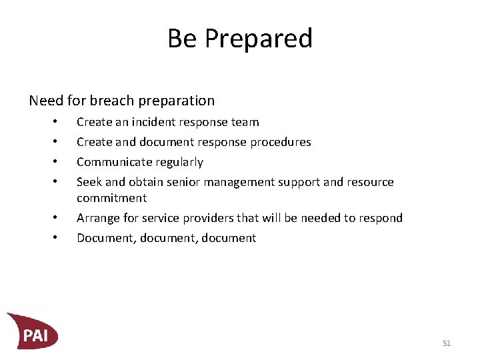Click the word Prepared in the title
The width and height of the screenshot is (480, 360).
(x=259, y=39)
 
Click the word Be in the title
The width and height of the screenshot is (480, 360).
(x=182, y=39)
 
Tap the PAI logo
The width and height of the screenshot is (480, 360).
(x=33, y=331)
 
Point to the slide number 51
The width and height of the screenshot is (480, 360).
(x=447, y=343)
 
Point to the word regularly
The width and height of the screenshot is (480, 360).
(x=179, y=162)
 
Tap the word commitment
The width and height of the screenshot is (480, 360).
(x=111, y=198)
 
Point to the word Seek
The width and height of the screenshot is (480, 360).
(x=89, y=182)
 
